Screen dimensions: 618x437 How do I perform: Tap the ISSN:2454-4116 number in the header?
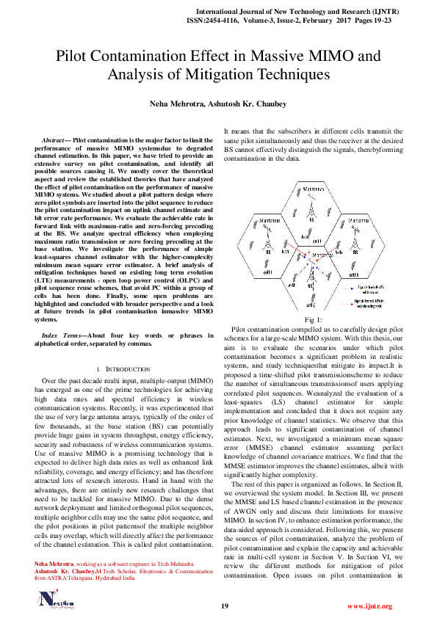(x=231, y=21)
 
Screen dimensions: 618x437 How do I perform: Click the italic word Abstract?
(x=54, y=139)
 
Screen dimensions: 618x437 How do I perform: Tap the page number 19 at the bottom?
(x=225, y=606)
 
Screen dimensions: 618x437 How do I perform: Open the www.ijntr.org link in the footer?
(x=369, y=606)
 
